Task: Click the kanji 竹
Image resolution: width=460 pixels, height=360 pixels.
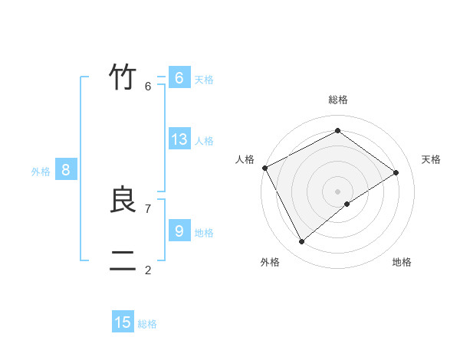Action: pyautogui.click(x=123, y=77)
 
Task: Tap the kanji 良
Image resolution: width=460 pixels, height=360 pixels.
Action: pyautogui.click(x=123, y=200)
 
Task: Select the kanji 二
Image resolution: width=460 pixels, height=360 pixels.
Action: pyautogui.click(x=123, y=261)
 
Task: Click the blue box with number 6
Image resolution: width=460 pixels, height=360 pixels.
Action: pyautogui.click(x=179, y=78)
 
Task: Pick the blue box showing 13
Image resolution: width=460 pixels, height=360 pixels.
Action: pyautogui.click(x=179, y=139)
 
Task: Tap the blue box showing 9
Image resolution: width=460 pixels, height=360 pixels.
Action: pyautogui.click(x=179, y=231)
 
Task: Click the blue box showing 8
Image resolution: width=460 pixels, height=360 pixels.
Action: pyautogui.click(x=65, y=170)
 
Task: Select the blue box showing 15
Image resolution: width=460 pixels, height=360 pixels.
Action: pyautogui.click(x=123, y=322)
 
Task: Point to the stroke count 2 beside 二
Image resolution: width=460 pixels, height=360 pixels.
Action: pyautogui.click(x=148, y=270)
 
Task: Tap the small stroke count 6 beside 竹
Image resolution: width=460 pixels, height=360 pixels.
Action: pyautogui.click(x=148, y=87)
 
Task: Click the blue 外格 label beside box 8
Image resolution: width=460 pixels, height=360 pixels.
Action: pyautogui.click(x=41, y=172)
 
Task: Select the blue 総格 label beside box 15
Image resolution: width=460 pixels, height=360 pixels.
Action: pyautogui.click(x=147, y=324)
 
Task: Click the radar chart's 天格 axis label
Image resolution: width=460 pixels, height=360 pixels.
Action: pyautogui.click(x=432, y=159)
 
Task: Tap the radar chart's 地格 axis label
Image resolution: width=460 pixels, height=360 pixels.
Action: pyautogui.click(x=402, y=262)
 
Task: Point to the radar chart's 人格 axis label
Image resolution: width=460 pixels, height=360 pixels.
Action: pyautogui.click(x=245, y=159)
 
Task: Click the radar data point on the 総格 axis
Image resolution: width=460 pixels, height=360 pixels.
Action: pyautogui.click(x=337, y=130)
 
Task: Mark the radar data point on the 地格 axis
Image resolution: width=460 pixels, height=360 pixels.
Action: pyautogui.click(x=347, y=204)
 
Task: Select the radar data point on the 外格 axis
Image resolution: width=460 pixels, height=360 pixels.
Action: pyautogui.click(x=301, y=242)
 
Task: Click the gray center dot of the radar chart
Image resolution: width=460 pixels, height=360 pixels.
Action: pyautogui.click(x=337, y=191)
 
